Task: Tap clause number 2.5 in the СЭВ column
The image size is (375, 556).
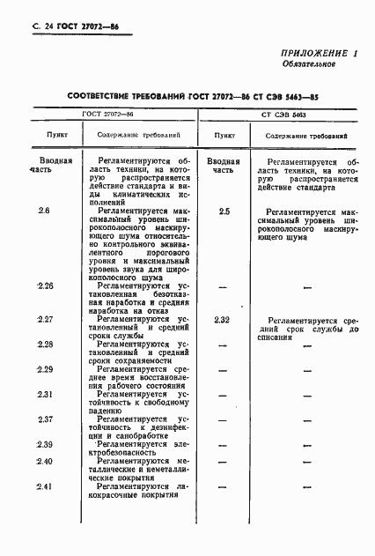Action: click(x=224, y=212)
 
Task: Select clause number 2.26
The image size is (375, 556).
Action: click(x=46, y=286)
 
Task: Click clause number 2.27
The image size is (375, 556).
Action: click(x=46, y=318)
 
